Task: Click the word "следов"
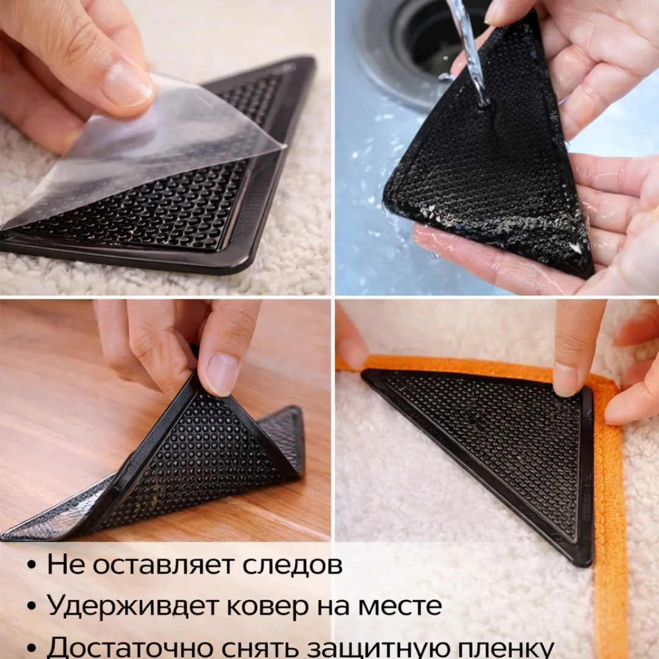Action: click(292, 565)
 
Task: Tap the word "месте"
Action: click(399, 606)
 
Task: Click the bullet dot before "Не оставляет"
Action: click(31, 566)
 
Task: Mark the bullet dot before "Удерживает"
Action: click(31, 608)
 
